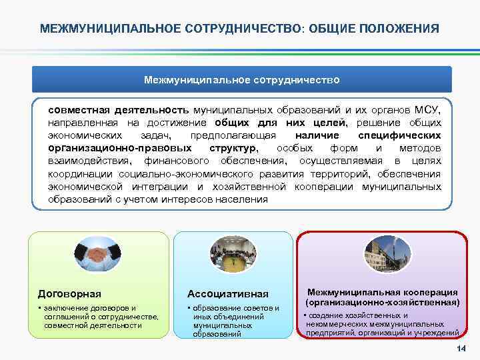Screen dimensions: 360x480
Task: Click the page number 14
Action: [x=460, y=351]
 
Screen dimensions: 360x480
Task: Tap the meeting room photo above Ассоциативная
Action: [x=233, y=254]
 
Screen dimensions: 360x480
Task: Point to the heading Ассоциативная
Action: [x=228, y=293]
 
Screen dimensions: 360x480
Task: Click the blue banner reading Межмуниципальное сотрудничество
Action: [x=242, y=79]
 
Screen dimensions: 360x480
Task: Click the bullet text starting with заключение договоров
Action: [x=99, y=317]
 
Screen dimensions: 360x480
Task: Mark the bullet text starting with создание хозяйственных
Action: [x=380, y=323]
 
